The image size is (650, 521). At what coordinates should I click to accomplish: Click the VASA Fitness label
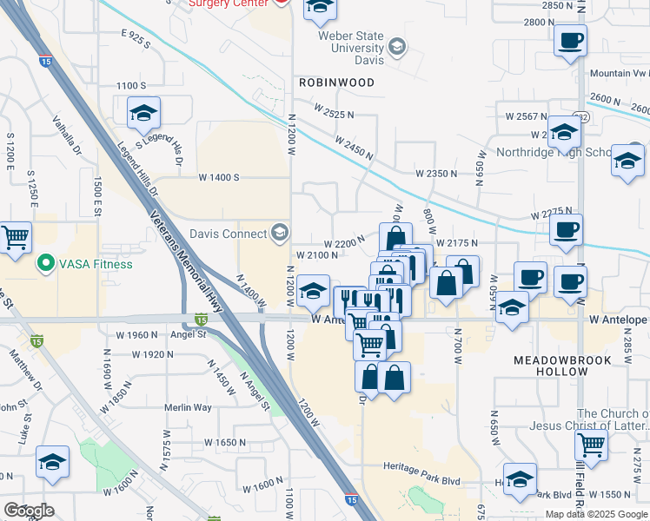[96, 264]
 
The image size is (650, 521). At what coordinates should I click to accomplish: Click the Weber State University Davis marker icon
[397, 46]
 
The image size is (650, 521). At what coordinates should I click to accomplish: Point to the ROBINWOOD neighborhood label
[336, 82]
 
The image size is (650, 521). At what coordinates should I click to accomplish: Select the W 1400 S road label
[218, 177]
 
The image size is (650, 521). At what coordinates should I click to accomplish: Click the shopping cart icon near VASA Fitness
[14, 238]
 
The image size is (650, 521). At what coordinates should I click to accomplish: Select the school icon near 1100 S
[144, 113]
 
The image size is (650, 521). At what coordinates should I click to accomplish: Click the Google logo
[29, 511]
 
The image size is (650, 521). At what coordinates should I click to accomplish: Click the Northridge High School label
[554, 152]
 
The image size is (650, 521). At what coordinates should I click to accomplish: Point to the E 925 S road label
[136, 39]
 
